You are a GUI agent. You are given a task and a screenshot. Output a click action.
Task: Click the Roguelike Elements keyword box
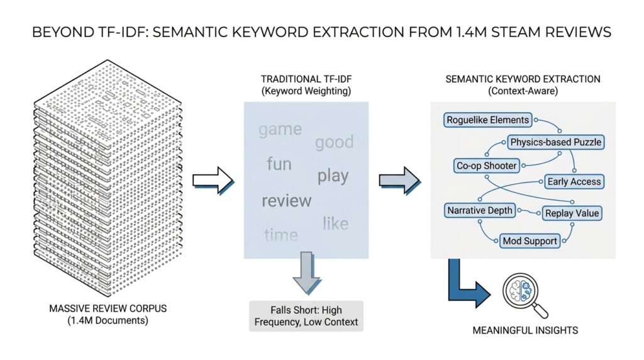[487, 120]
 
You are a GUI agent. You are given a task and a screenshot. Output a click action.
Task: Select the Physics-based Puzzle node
[555, 142]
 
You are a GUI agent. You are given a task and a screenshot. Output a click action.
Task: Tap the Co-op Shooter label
[486, 166]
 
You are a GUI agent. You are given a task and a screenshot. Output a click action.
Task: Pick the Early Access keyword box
[574, 181]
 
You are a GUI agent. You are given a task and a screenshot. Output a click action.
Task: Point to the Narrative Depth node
[480, 210]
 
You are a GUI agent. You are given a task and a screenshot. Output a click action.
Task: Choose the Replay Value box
[571, 213]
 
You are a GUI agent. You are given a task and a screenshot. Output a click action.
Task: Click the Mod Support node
[530, 240]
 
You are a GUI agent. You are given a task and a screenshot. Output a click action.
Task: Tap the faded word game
[280, 130]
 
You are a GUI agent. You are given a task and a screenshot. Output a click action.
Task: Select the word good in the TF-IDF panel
[334, 142]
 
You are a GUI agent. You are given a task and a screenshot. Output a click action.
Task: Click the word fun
[279, 164]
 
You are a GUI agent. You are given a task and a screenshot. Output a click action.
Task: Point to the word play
[333, 176]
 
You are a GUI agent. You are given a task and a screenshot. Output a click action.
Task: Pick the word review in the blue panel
[286, 201]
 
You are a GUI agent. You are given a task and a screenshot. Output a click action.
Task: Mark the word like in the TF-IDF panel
[335, 223]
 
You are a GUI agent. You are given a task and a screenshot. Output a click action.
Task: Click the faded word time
[280, 235]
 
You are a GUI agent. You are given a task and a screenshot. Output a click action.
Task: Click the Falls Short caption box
[306, 316]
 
